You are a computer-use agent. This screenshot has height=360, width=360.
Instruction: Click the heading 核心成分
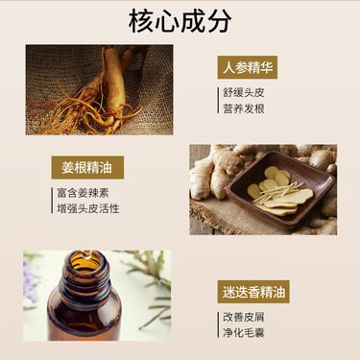(180, 21)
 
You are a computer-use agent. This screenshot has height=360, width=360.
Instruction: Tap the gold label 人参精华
(248, 67)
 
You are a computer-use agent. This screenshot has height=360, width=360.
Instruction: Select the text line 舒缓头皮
(244, 92)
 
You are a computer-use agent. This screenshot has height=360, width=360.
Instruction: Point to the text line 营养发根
(244, 108)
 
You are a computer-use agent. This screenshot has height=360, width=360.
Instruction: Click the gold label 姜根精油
(87, 167)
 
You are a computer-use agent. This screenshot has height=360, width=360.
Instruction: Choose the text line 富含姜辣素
(83, 193)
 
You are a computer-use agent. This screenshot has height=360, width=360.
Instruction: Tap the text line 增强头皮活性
(88, 208)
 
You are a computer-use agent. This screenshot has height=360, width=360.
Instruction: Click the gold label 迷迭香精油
(253, 292)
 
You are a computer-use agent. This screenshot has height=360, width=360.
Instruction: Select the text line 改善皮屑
(244, 317)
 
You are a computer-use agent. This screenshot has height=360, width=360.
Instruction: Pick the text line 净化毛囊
(244, 333)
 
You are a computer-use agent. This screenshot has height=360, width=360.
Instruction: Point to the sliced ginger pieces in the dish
(278, 192)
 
